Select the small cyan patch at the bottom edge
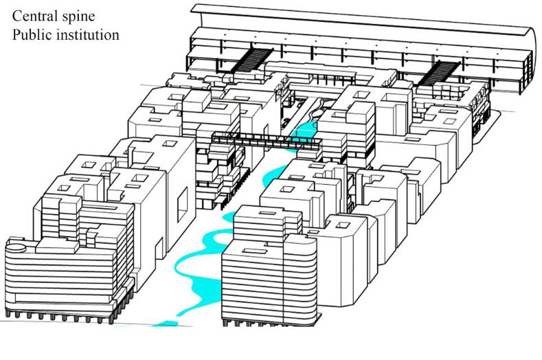point(161,322)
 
